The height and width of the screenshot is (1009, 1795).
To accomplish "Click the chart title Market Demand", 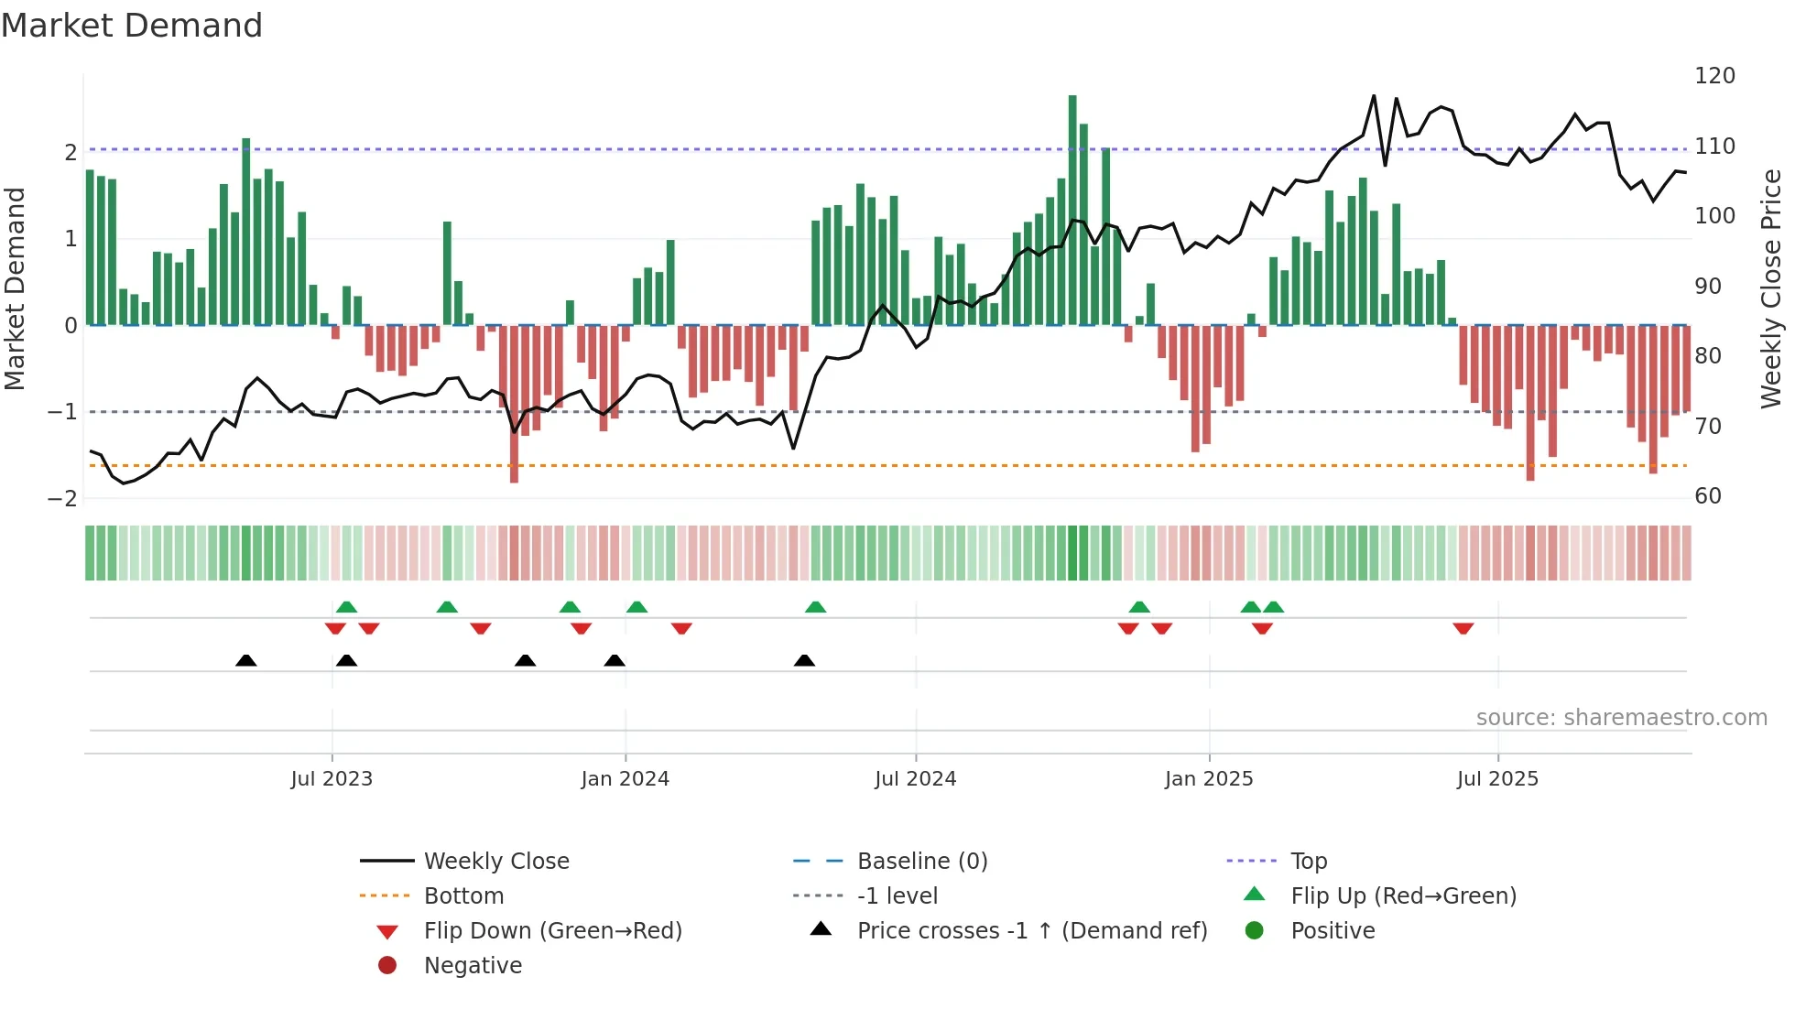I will pos(132,26).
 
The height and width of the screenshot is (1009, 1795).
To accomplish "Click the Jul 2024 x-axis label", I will pos(915,779).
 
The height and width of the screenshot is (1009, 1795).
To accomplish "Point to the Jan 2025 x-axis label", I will pos(1208,779).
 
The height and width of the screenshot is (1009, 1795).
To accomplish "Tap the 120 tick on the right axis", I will pos(1714,76).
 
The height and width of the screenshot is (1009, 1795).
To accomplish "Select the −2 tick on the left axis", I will pos(62,499).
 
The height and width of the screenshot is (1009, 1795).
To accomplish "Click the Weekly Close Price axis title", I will pos(1771,288).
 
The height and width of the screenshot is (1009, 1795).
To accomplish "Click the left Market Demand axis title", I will pos(16,288).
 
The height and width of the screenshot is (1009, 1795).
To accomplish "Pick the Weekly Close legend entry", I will pos(495,862).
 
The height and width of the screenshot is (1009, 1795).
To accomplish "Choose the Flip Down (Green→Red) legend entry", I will pos(552,931).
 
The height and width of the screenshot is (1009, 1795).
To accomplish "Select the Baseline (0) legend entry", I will pos(921,862).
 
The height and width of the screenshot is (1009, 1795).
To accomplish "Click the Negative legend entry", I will pos(473,966).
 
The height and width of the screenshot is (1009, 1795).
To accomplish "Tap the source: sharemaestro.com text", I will pos(1621,718).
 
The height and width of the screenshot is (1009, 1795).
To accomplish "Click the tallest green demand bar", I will pos(1072,211).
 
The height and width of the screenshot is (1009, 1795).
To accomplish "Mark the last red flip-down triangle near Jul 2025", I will pos(1463,628).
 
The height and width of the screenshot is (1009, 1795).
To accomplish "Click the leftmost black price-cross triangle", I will pos(245,660).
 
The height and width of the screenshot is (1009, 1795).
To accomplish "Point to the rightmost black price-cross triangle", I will pos(804,660).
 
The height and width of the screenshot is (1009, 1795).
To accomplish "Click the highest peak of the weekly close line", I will pos(1374,96).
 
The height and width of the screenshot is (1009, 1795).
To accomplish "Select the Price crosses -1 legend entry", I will pos(1031,931).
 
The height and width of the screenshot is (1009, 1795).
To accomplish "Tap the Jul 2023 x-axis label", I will pos(332,779).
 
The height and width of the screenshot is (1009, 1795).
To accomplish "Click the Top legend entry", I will pos(1309,862).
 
